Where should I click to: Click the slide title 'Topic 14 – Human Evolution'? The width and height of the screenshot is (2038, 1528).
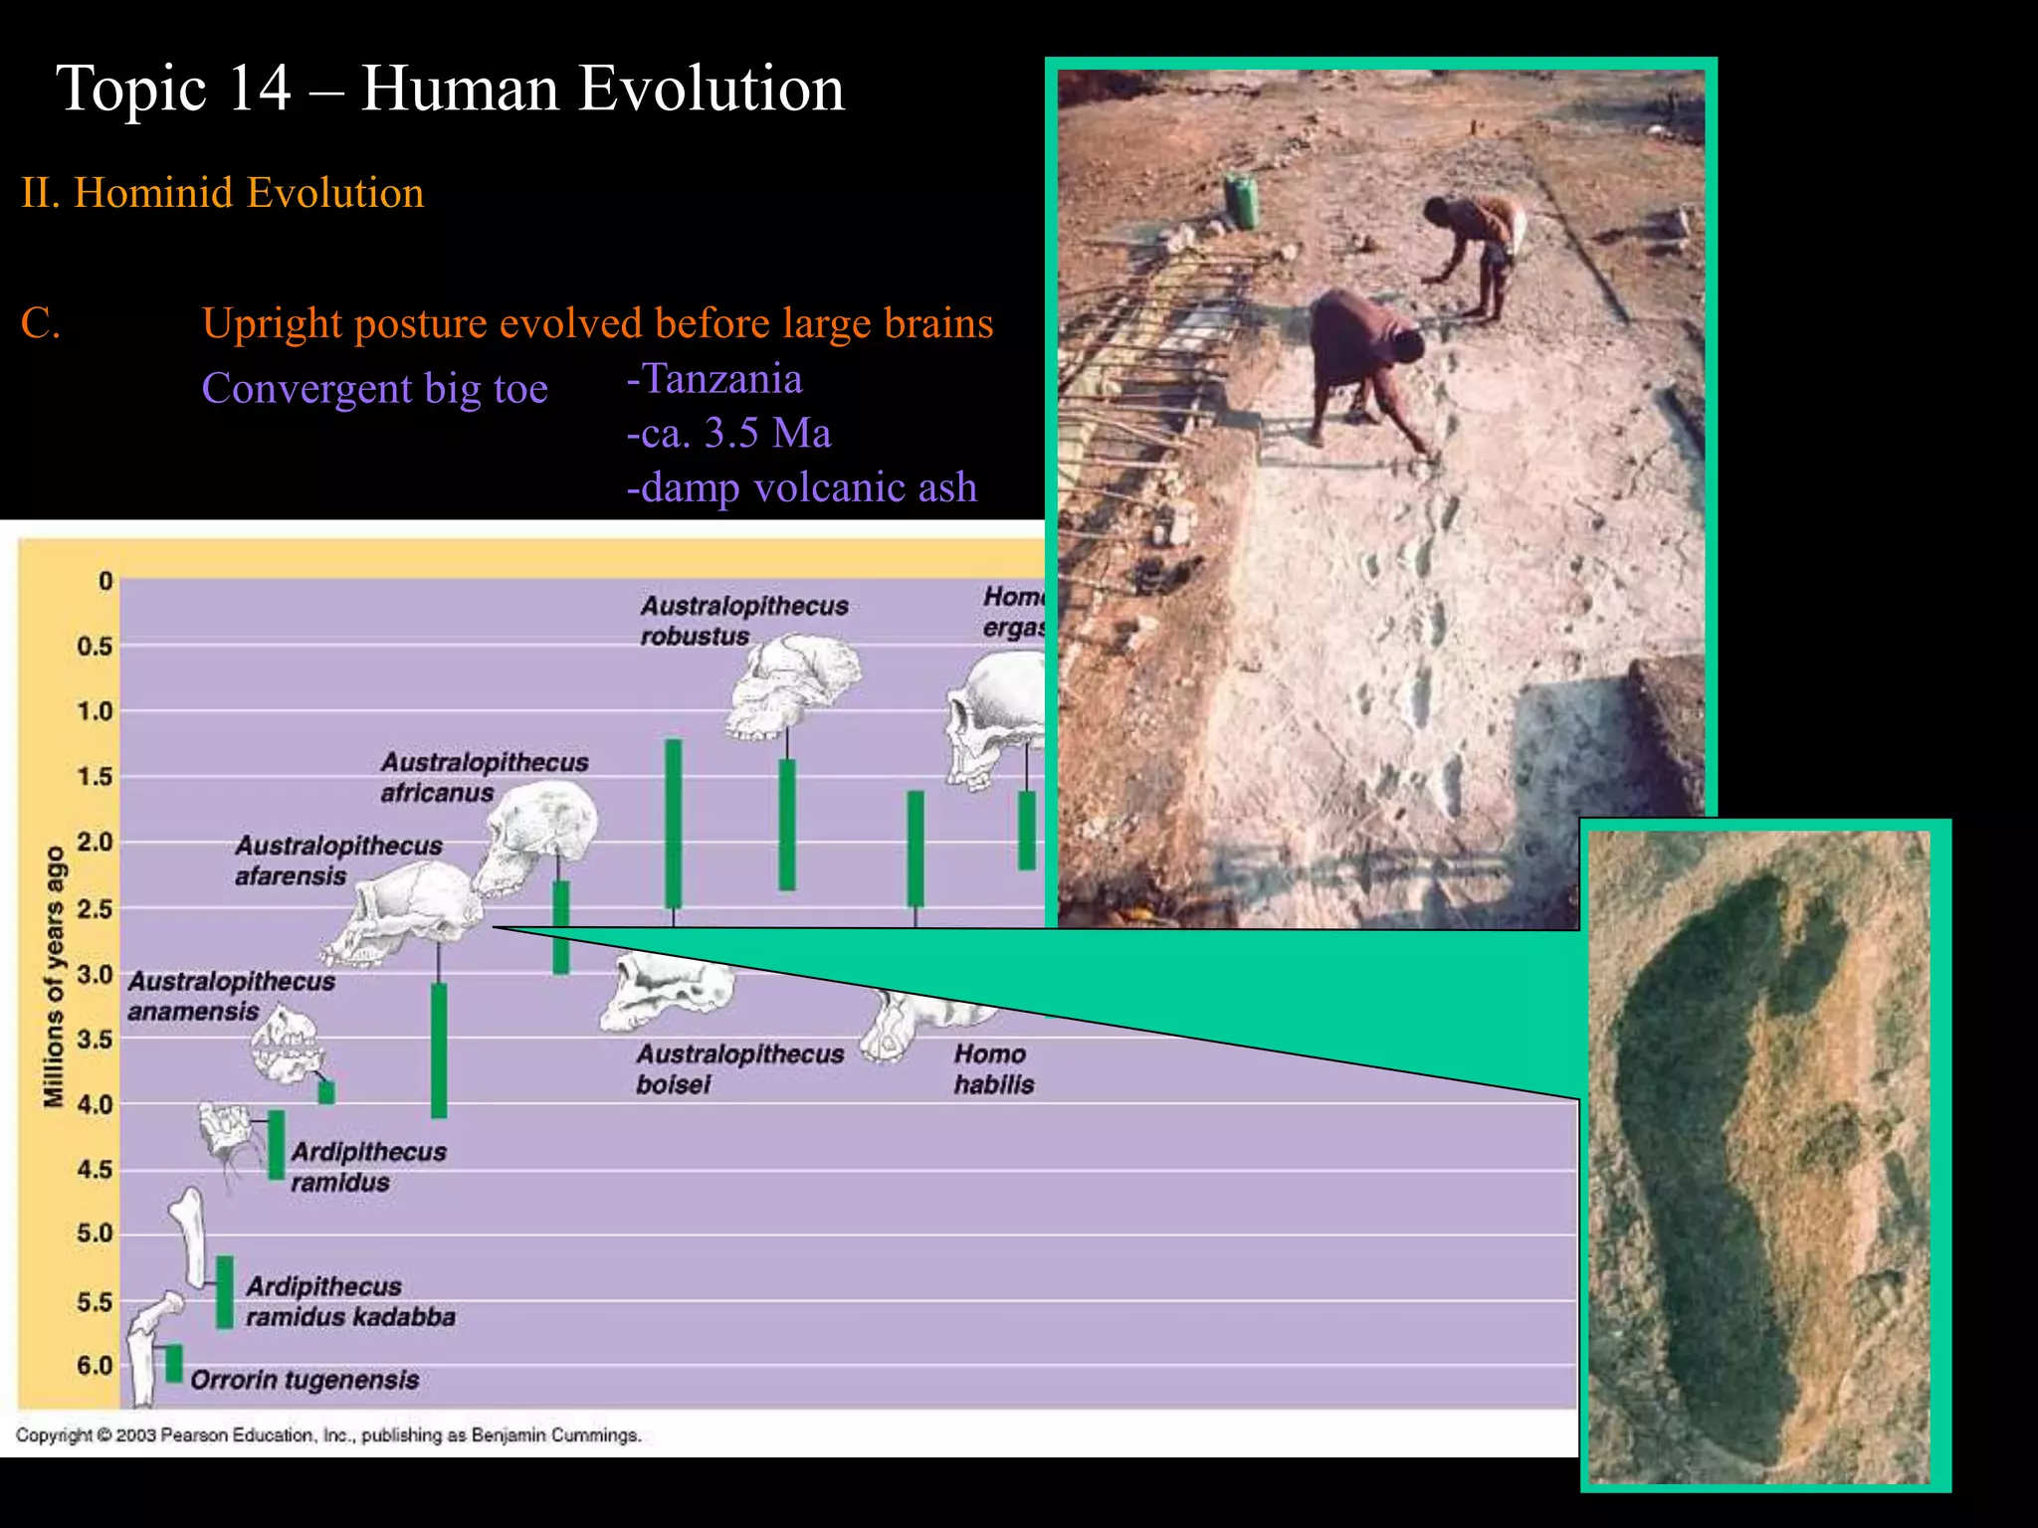coord(450,89)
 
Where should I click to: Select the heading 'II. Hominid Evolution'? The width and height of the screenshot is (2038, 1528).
coord(223,193)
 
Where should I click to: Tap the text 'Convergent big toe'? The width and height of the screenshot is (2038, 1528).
coord(374,388)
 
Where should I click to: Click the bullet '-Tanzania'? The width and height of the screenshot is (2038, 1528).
coord(713,379)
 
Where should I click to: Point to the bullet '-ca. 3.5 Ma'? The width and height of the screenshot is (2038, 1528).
coord(728,434)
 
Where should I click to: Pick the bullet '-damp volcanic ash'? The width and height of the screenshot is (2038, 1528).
coord(801,487)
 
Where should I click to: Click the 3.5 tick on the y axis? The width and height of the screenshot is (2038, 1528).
coord(96,1040)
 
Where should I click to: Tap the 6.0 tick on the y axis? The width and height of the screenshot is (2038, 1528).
coord(96,1366)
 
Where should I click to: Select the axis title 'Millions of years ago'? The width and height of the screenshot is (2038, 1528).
coord(54,976)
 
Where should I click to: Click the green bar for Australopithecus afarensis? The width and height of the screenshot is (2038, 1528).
coord(439,1050)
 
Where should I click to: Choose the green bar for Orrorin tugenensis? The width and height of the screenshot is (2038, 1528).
coord(174,1363)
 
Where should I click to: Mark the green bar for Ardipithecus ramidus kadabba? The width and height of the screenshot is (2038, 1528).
coord(225,1291)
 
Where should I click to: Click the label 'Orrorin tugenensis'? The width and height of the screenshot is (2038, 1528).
coord(305,1380)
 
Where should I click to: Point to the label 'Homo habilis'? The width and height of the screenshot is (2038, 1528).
coord(993,1069)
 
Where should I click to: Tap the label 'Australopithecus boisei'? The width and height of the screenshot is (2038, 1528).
coord(739,1069)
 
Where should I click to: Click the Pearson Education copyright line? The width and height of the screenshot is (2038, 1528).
coord(328,1435)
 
